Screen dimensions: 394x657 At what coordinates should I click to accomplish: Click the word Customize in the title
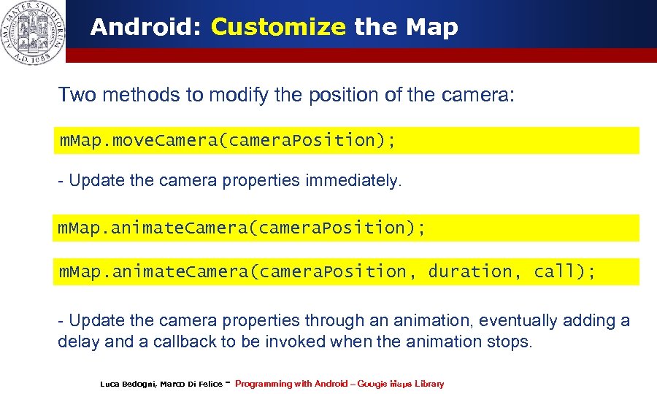coord(277,28)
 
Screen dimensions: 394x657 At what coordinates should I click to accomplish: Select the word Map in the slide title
coord(431,28)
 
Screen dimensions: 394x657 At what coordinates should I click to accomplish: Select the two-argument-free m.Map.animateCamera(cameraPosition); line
coord(241,228)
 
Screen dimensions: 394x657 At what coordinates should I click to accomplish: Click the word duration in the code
coord(470,271)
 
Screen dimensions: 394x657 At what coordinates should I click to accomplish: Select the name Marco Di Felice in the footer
coord(191,384)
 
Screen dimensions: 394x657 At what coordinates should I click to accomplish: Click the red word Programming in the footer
coord(263,384)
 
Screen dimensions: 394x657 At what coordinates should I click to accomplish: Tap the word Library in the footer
coord(429,384)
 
